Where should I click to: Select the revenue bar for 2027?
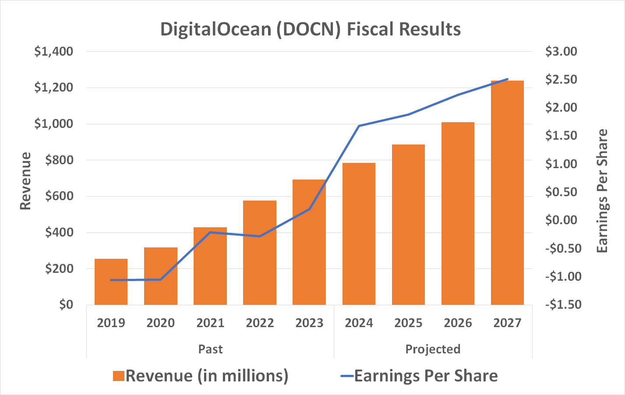pyautogui.click(x=507, y=193)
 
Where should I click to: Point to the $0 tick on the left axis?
pyautogui.click(x=66, y=304)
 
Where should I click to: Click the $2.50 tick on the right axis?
pyautogui.click(x=561, y=80)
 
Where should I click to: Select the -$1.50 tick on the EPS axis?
pyautogui.click(x=563, y=304)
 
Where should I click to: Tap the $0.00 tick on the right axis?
pyautogui.click(x=561, y=220)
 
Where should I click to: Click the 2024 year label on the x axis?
pyautogui.click(x=359, y=323)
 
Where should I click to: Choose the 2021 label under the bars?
pyautogui.click(x=210, y=323)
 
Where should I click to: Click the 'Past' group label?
pyautogui.click(x=210, y=349)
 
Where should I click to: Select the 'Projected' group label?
pyautogui.click(x=433, y=349)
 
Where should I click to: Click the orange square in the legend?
pyautogui.click(x=119, y=376)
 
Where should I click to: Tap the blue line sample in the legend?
pyautogui.click(x=346, y=376)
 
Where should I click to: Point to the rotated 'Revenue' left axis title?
pyautogui.click(x=26, y=181)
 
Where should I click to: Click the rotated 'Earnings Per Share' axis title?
pyautogui.click(x=603, y=190)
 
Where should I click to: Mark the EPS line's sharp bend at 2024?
pyautogui.click(x=359, y=126)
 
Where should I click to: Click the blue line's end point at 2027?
pyautogui.click(x=507, y=79)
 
